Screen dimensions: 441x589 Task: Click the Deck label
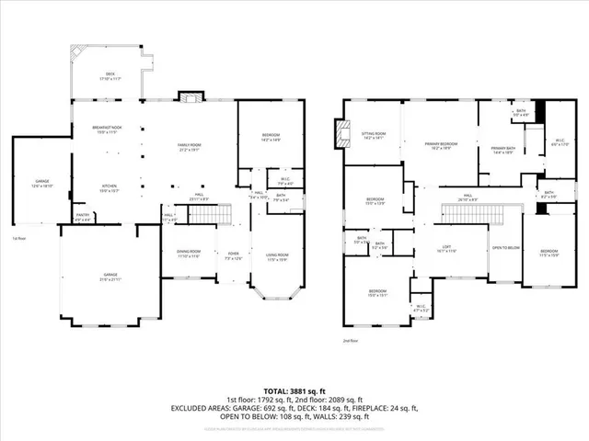pos(110,75)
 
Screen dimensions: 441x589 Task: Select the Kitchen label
pos(110,188)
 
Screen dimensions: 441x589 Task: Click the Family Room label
pos(189,145)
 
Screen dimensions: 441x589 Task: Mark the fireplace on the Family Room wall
pos(189,96)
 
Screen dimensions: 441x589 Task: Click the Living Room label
pos(277,258)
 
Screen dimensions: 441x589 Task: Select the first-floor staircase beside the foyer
pos(214,217)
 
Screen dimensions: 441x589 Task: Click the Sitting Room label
pos(373,134)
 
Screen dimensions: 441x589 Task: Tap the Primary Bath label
pos(502,151)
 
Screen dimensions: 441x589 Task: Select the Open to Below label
pos(503,248)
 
